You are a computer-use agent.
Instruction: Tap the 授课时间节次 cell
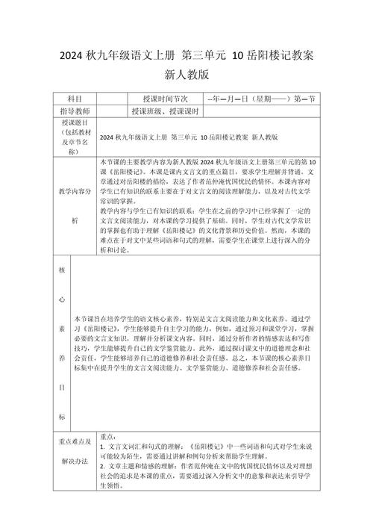[164, 99]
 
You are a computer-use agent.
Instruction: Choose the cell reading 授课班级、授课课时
[164, 111]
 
